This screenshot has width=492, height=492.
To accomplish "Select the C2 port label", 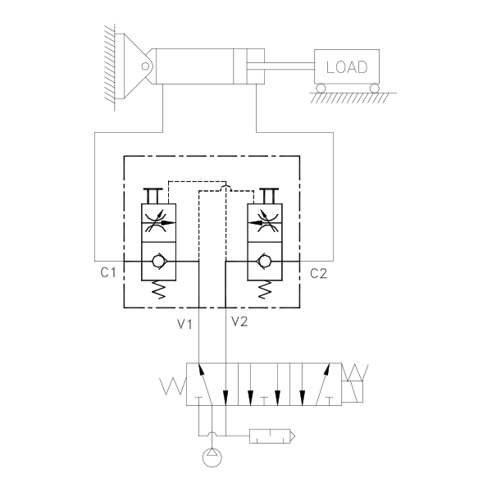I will point(319,272).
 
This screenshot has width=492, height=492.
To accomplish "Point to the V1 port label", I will point(184,323).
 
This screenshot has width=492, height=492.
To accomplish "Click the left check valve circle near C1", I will point(157,262).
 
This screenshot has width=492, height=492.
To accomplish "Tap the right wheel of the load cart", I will point(374,87).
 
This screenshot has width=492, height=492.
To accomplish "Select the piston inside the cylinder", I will point(239,66).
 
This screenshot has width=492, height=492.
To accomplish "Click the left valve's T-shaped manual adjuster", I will point(152,194).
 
